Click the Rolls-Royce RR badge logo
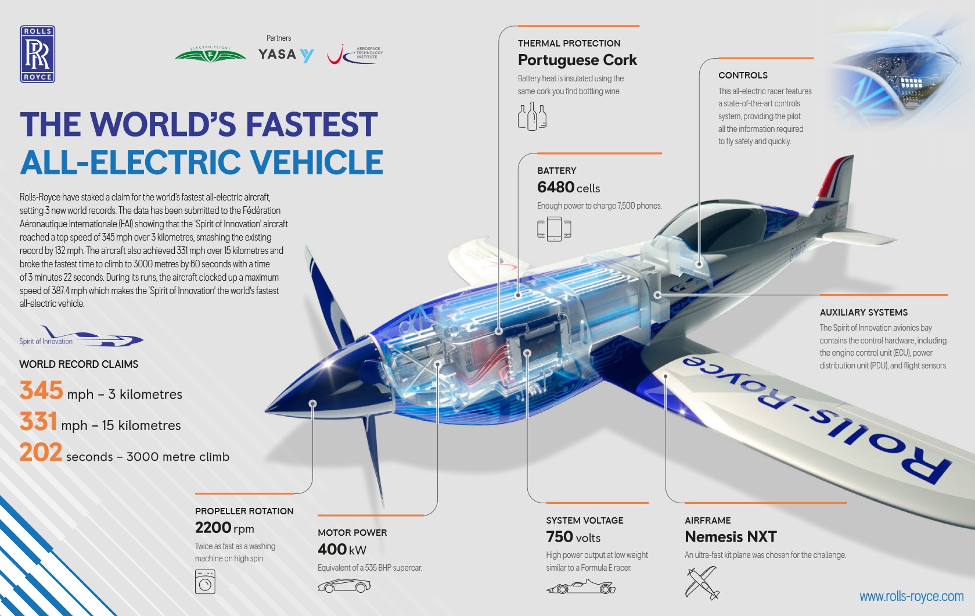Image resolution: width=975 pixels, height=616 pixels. (x=37, y=54)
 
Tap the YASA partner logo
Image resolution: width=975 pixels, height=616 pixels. (x=286, y=55)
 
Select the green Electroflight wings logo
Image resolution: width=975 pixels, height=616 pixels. (x=211, y=54)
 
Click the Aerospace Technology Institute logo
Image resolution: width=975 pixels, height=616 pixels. (x=355, y=55)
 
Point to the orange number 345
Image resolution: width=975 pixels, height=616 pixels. (x=41, y=391)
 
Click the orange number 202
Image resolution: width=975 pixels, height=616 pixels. (x=41, y=453)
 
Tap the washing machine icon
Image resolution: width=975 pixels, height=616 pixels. (x=205, y=582)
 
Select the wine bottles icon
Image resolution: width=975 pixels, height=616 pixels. (x=532, y=116)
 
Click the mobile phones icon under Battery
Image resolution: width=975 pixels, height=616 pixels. (x=554, y=229)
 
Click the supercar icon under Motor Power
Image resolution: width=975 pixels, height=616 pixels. (x=344, y=586)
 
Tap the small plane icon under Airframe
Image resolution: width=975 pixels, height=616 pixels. (x=701, y=583)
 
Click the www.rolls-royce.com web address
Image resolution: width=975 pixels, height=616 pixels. (x=912, y=596)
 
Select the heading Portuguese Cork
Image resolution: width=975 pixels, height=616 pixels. (x=577, y=60)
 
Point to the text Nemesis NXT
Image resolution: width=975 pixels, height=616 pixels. (x=731, y=537)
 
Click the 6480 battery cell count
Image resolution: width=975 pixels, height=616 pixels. (x=556, y=187)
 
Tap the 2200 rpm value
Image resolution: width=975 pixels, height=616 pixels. (x=224, y=528)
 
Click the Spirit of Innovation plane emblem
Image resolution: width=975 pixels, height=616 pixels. (x=81, y=336)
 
